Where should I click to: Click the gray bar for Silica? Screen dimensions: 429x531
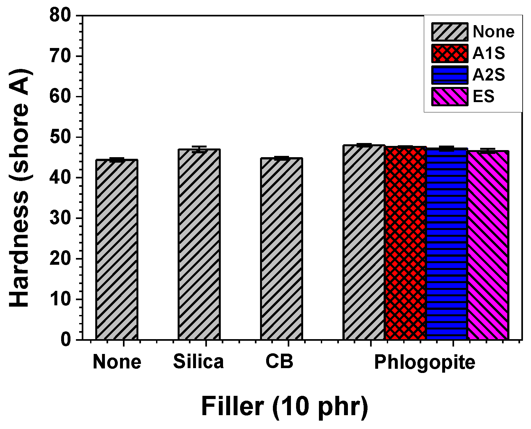[199, 245]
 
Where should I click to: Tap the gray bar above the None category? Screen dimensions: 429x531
[117, 250]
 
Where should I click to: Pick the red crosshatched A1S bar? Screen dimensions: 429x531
[405, 243]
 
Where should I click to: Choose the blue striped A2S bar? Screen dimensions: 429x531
[447, 244]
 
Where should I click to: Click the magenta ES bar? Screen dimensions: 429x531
[488, 245]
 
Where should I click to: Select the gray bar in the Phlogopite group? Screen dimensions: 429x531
[364, 242]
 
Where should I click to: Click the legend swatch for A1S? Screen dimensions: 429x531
[450, 53]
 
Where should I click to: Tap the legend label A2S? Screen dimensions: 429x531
[489, 75]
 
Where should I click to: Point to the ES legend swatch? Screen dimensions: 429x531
[450, 97]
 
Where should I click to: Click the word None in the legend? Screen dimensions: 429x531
[493, 32]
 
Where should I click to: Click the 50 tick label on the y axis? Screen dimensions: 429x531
[60, 137]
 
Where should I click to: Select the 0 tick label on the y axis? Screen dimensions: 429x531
[66, 339]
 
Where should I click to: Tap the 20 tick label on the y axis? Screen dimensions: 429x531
[60, 259]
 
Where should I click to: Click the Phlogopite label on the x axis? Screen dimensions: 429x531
[424, 362]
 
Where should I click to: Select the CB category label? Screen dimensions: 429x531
[279, 362]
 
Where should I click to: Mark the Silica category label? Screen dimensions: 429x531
[198, 362]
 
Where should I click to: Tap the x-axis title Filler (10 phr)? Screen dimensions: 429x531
[284, 406]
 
